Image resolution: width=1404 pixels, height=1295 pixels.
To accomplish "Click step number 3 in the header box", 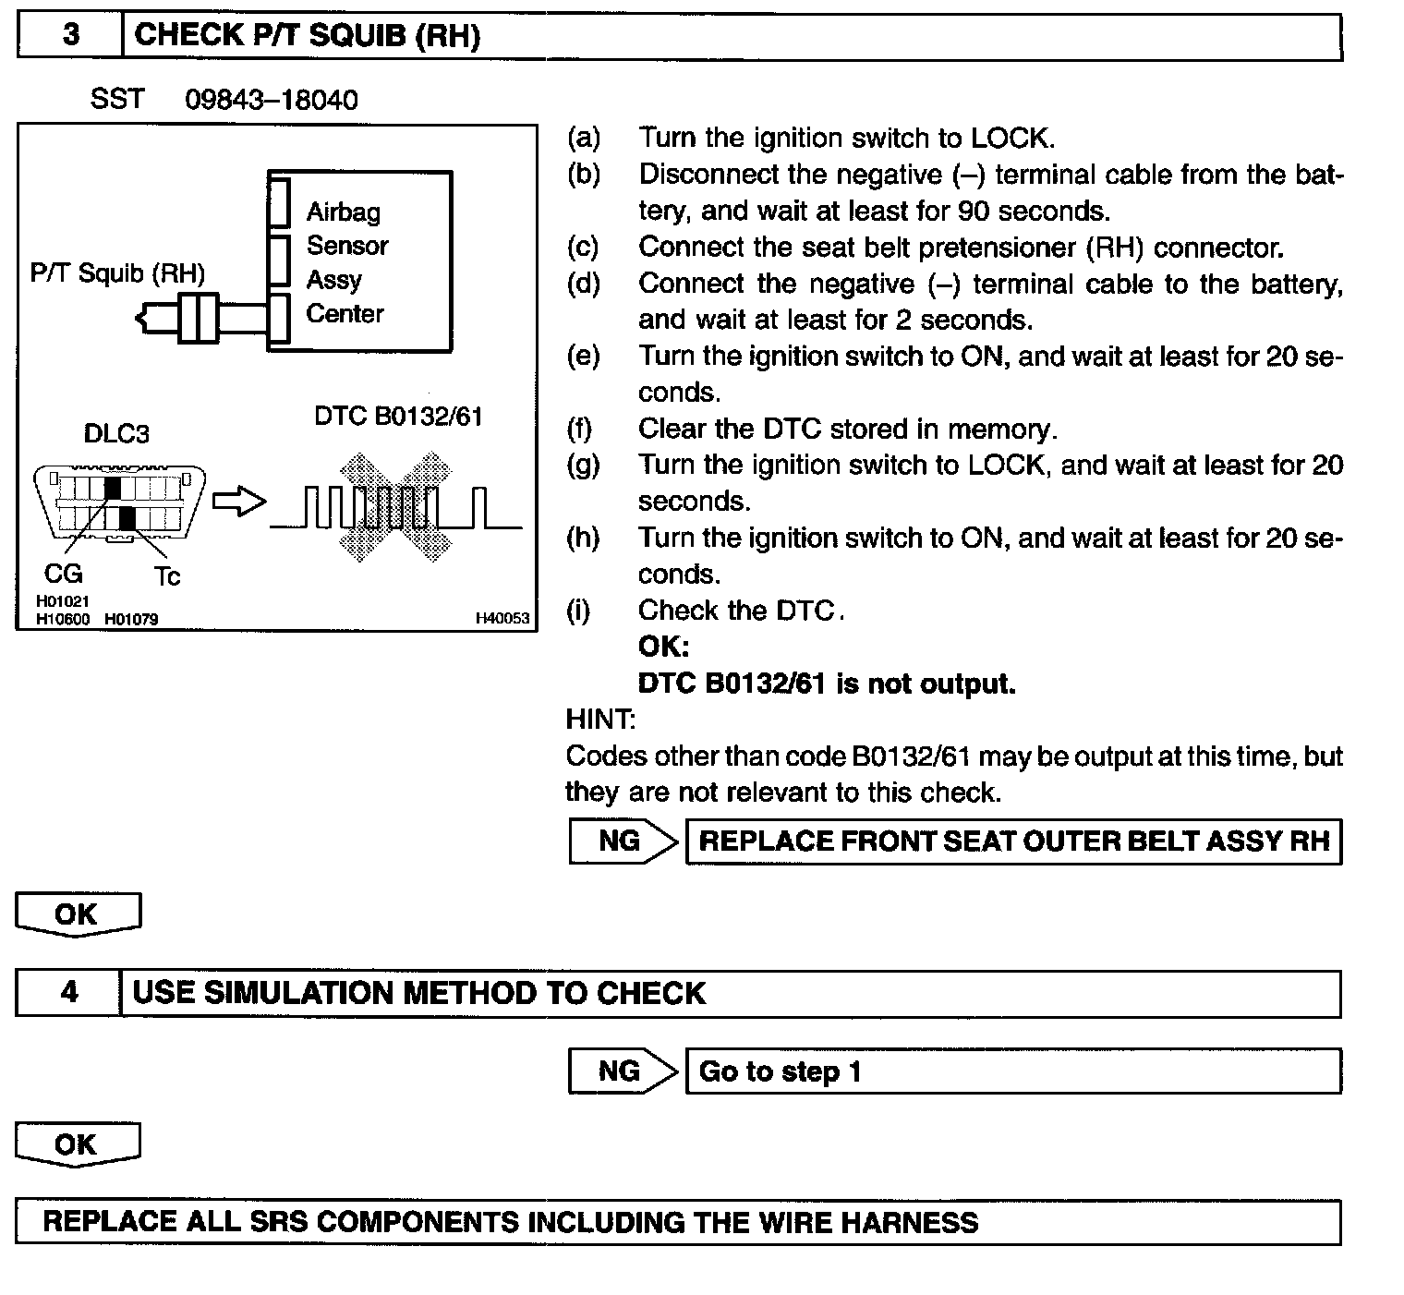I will pos(70,36).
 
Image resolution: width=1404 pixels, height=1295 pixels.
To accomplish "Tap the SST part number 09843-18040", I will pos(272,100).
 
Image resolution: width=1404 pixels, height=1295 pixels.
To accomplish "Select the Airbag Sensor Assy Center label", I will pos(346,263).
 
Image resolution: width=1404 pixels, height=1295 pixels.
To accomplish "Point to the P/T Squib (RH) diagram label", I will pos(117,273).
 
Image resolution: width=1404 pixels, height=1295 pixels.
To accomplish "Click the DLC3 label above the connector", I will pos(116,433).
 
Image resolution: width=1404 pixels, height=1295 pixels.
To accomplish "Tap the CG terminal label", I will pos(64,575).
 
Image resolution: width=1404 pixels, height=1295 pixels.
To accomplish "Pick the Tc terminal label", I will pos(167,577).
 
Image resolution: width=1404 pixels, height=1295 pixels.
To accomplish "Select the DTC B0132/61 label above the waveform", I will pos(398,417).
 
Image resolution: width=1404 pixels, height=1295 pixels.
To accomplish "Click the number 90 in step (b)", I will pos(974,212).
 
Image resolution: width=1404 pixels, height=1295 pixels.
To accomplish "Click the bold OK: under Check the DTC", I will pos(663,647).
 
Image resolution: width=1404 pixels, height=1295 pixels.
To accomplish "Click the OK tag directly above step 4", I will pos(78,914).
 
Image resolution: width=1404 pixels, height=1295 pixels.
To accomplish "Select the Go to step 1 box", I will pos(1012,1071).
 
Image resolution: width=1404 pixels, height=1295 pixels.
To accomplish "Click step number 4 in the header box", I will pos(69,993).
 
